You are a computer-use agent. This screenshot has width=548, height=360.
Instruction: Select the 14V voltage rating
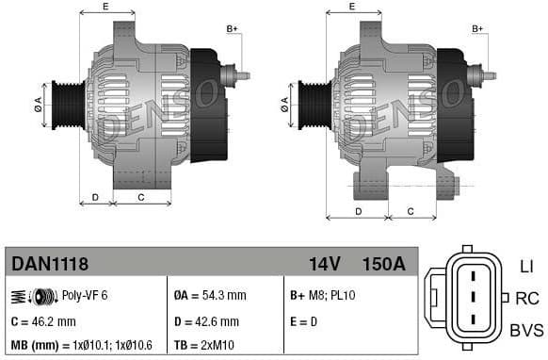coord(323,264)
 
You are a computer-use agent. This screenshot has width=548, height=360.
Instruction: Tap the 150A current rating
coord(383,264)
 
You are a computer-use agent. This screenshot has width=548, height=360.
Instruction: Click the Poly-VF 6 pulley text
coord(85,295)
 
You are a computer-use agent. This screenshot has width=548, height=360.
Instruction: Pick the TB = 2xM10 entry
coord(208,346)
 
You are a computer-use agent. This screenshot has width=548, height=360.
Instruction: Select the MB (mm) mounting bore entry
coord(85,346)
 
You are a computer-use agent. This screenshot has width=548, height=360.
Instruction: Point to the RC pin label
coord(527,299)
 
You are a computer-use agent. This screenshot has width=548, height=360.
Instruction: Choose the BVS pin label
coord(526,329)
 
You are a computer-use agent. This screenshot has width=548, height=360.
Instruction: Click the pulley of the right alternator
coord(313,103)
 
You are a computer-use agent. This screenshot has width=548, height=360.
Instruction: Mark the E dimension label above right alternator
coord(352,8)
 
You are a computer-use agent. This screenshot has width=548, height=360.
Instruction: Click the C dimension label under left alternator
coord(141,197)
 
